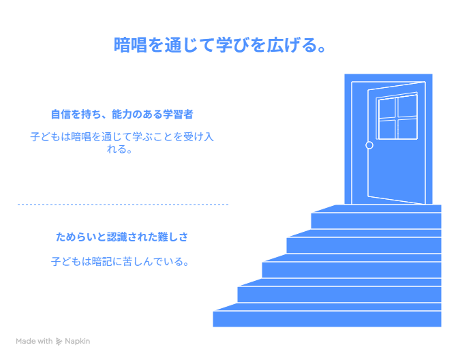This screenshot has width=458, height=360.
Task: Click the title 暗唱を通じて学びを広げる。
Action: tap(219, 45)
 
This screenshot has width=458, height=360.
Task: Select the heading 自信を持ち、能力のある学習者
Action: tap(122, 115)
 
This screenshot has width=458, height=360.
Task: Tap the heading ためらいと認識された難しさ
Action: tap(122, 237)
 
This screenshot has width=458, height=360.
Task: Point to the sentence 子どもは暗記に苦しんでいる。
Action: tap(120, 262)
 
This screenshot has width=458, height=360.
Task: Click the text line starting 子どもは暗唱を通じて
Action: tap(122, 137)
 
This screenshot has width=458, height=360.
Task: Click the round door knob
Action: tap(369, 145)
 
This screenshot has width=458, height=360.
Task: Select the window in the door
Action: tap(397, 117)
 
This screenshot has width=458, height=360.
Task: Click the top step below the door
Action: tap(376, 217)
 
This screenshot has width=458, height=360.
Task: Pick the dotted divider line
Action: tap(123, 205)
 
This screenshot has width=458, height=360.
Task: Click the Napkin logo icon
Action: tap(59, 342)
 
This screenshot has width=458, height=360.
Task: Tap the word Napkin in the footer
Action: tap(78, 341)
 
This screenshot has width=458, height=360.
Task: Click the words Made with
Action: tap(34, 341)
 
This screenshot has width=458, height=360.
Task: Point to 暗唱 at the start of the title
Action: tap(130, 45)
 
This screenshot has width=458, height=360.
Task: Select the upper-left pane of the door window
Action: tap(387, 108)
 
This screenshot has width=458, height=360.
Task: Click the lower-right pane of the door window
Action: tap(408, 129)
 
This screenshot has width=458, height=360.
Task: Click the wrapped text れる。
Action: tap(120, 149)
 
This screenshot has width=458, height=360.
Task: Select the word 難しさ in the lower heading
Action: tap(173, 237)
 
